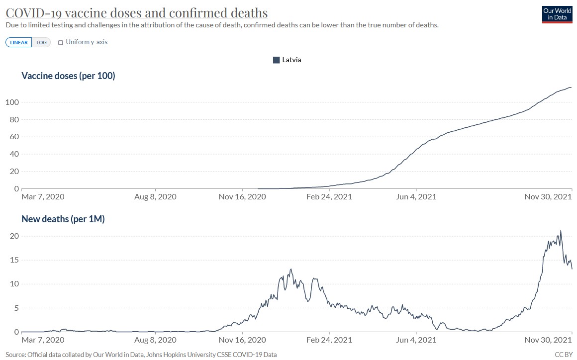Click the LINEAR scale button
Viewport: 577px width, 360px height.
click(x=19, y=42)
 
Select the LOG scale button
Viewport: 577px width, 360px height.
click(x=41, y=42)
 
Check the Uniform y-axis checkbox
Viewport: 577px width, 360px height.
click(x=61, y=43)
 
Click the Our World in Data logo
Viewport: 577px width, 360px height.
click(x=557, y=14)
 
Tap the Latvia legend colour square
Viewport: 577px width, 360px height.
click(x=277, y=60)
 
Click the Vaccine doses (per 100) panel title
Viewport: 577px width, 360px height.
click(x=69, y=76)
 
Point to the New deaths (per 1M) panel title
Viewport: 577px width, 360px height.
click(x=63, y=219)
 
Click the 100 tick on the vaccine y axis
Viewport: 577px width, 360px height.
click(x=12, y=102)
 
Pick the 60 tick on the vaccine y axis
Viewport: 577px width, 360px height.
click(x=14, y=137)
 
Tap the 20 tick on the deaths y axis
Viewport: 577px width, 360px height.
click(x=14, y=236)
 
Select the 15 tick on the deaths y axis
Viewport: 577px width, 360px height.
click(x=14, y=260)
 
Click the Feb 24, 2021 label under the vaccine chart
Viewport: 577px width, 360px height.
click(x=329, y=197)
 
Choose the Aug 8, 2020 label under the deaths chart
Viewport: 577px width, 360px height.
click(x=155, y=340)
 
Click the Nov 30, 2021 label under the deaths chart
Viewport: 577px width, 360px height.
click(x=548, y=340)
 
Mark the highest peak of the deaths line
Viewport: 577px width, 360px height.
click(x=561, y=231)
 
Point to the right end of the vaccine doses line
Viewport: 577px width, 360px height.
click(x=572, y=87)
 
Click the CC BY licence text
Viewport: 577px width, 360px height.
click(x=564, y=355)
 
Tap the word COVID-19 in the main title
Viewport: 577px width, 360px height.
click(x=33, y=13)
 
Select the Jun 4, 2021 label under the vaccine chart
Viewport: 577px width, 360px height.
click(x=416, y=197)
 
